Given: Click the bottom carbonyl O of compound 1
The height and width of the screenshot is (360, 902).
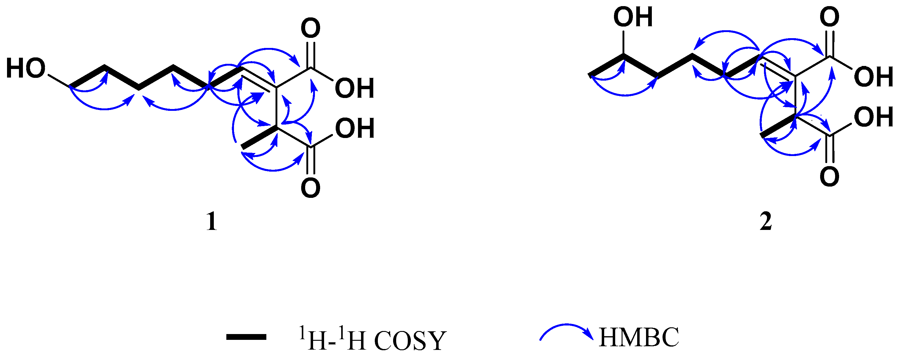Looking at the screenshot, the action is coord(311,188).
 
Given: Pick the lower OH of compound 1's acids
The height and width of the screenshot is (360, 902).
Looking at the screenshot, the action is coord(355,128).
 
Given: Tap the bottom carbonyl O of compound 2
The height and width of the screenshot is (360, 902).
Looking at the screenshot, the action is coord(830,177).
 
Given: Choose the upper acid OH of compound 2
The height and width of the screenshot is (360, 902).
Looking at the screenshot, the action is coord(874,77).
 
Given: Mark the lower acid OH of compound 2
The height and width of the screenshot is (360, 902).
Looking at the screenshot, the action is coord(874,117).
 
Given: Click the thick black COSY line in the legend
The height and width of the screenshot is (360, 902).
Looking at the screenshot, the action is coord(246,337).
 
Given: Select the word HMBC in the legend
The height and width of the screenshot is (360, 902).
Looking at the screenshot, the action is coord(639,337).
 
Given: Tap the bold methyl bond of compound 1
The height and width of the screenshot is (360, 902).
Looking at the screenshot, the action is coord(259,138).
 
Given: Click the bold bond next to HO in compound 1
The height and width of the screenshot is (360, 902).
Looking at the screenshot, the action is coord(88,76).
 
